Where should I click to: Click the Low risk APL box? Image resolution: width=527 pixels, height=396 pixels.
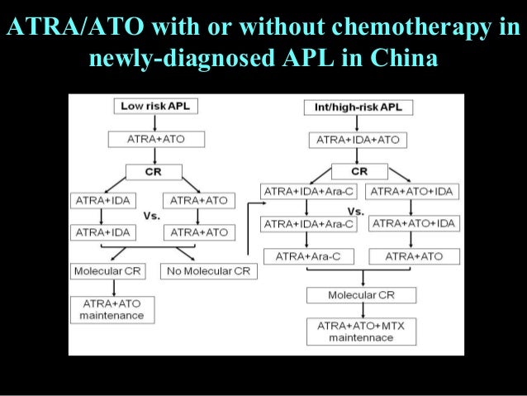tap(154, 107)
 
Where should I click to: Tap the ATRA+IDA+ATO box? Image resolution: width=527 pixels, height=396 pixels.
tap(358, 140)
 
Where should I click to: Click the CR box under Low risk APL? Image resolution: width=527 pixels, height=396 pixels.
tap(154, 171)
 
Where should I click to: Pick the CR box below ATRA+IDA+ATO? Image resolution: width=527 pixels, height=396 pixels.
tap(359, 171)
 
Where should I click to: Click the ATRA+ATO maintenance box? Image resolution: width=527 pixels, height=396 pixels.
tap(112, 309)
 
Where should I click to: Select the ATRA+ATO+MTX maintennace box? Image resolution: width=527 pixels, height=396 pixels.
tap(360, 332)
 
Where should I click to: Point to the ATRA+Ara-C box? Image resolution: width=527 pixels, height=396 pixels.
tap(307, 256)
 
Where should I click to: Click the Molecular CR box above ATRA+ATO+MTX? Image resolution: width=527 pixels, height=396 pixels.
tap(360, 294)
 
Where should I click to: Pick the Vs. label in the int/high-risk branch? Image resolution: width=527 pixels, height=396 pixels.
tap(357, 212)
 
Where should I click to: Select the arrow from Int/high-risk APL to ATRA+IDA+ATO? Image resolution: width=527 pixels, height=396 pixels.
tap(358, 124)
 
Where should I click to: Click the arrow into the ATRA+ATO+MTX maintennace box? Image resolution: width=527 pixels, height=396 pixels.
tap(360, 311)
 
